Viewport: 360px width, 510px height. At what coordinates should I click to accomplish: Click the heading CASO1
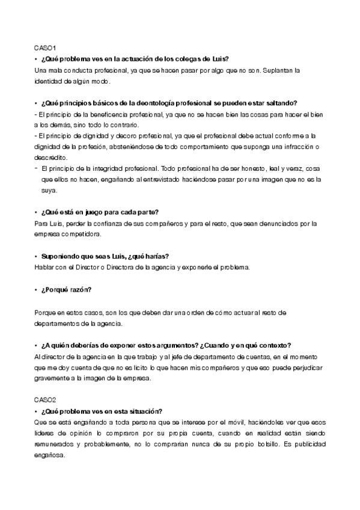44,47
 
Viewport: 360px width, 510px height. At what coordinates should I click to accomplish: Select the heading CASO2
45,399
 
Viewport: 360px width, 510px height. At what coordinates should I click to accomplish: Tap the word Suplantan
270,70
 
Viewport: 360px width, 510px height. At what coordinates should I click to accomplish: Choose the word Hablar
46,266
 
